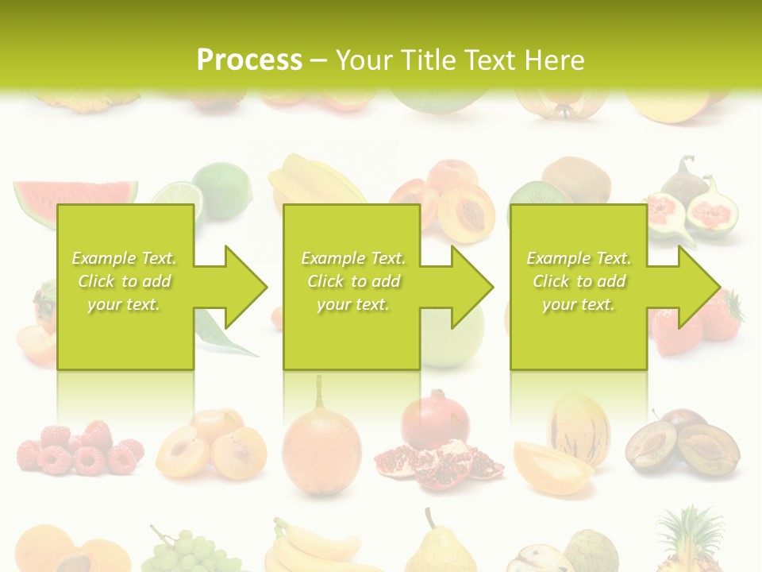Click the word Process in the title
(249, 60)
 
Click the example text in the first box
(124, 281)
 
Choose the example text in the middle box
(352, 281)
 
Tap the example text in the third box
(578, 281)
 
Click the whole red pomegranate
(434, 421)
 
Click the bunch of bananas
(314, 548)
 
